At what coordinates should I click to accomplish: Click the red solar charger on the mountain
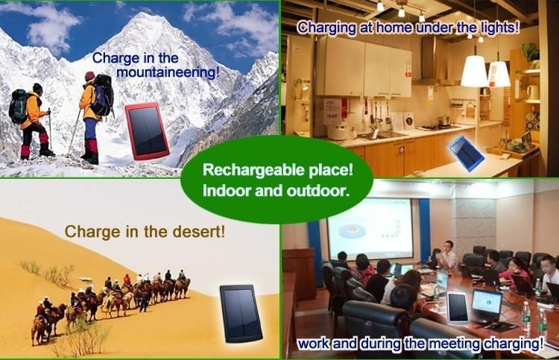click(147, 131)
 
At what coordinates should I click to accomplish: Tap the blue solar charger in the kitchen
click(466, 150)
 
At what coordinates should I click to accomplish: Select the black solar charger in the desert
click(241, 313)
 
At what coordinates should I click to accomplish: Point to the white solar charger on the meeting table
click(458, 308)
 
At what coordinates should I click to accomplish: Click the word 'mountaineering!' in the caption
click(168, 72)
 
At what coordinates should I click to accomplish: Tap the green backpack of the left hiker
click(18, 107)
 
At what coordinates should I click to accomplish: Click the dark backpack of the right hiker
click(104, 95)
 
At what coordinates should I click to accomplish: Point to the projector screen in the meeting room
click(370, 229)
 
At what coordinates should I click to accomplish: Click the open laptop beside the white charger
click(487, 307)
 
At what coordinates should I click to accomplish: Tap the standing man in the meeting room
click(449, 255)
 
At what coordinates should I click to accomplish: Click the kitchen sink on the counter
click(379, 136)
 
